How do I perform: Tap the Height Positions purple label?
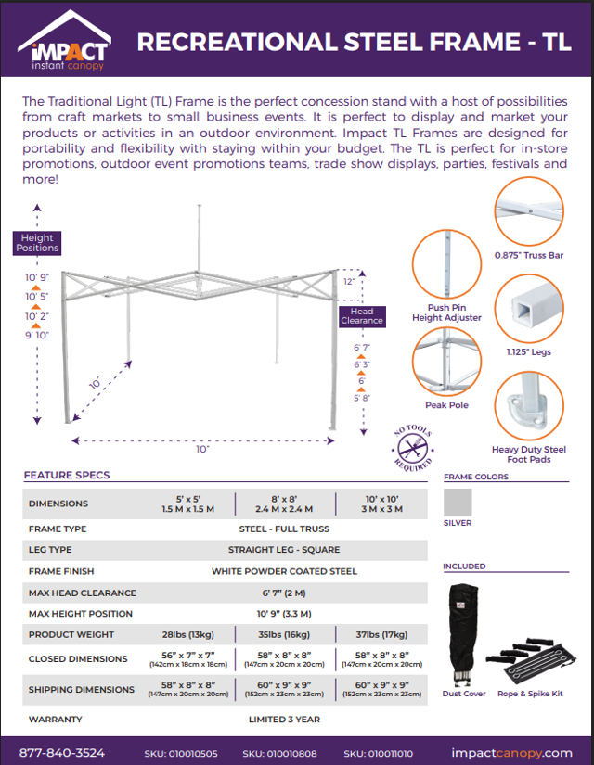(x=37, y=243)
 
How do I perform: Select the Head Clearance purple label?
(x=361, y=316)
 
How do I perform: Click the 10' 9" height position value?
(x=37, y=277)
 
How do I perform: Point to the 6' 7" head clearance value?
(x=362, y=348)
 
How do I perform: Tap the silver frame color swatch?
(x=457, y=502)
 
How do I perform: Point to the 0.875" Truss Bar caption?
(x=529, y=254)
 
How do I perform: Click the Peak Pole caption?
(x=446, y=405)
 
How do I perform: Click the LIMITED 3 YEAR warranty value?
(x=284, y=719)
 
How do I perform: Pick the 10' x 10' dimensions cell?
(x=381, y=504)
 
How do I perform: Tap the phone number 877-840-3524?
(x=62, y=752)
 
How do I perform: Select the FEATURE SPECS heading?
(x=67, y=475)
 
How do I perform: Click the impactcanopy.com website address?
(x=510, y=752)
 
